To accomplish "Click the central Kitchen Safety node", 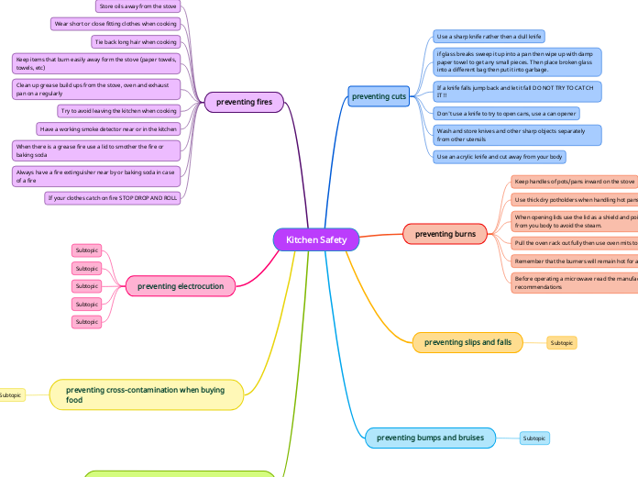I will coord(316,240).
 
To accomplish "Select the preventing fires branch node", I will coord(243,102).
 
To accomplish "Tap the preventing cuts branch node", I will coord(379,96).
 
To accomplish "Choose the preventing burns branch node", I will coord(445,234).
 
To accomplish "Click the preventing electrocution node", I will coord(180,286).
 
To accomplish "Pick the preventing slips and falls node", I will coord(467,342).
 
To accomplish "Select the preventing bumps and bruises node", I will coord(430,438).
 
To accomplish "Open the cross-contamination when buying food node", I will coord(147,394).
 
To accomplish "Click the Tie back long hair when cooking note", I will coord(136,42).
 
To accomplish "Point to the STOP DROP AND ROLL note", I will coord(112,198).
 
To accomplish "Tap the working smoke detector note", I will coord(108,129).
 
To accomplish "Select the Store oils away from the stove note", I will coord(137,6).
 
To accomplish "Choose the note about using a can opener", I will coord(507,114).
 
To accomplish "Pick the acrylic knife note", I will coord(500,157).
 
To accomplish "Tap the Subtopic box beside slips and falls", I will coord(561,343).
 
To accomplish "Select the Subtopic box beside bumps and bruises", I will coord(534,438).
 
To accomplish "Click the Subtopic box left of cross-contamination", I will coord(11,395).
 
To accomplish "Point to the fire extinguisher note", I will coord(96,176).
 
